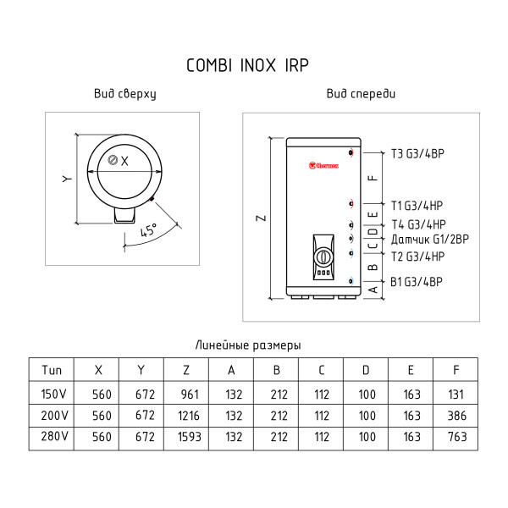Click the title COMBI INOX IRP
pyautogui.click(x=254, y=66)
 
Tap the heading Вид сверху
pyautogui.click(x=125, y=95)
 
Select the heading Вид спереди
pyautogui.click(x=361, y=95)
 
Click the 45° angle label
pyautogui.click(x=149, y=230)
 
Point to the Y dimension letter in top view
pyautogui.click(x=66, y=179)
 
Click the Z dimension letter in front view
pyautogui.click(x=262, y=218)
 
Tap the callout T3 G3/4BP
pyautogui.click(x=418, y=154)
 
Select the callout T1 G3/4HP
pyautogui.click(x=417, y=205)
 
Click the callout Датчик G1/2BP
pyautogui.click(x=424, y=239)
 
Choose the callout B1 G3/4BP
pyautogui.click(x=417, y=281)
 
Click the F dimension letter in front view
pyautogui.click(x=373, y=179)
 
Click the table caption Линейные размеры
pyautogui.click(x=248, y=345)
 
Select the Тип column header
pyautogui.click(x=52, y=370)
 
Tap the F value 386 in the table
pyautogui.click(x=456, y=416)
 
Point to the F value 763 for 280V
pyautogui.click(x=456, y=439)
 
